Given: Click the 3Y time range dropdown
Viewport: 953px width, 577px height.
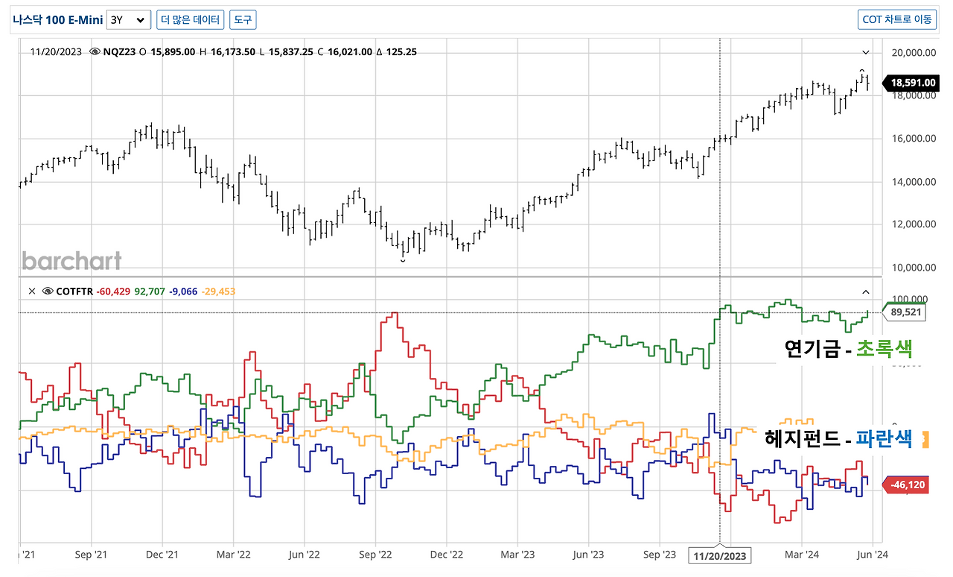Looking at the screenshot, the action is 129,19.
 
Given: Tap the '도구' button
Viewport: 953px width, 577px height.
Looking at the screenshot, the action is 243,19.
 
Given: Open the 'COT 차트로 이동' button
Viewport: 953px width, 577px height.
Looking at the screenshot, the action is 897,19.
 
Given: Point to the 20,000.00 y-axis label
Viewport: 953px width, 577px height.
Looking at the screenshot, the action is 914,52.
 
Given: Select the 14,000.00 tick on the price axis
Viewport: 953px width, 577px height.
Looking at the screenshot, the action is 914,182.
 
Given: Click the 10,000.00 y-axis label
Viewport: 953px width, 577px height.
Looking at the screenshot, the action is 914,268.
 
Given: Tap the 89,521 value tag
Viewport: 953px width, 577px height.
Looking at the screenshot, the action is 905,312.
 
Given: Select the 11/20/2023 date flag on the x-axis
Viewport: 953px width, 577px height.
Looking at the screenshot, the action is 720,555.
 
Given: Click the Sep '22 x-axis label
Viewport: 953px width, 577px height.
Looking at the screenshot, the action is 375,555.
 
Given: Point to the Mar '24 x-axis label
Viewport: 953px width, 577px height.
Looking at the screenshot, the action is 802,555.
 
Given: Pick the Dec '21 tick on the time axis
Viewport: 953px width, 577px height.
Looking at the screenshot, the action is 162,555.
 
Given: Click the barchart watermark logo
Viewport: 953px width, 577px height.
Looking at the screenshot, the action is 71,260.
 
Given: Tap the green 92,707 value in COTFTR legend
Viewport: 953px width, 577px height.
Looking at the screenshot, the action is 150,291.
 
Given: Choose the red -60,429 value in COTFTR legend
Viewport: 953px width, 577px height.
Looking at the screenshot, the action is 113,291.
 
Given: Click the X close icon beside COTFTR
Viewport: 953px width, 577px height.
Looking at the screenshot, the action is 32,291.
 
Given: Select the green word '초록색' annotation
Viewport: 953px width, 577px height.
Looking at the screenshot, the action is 884,349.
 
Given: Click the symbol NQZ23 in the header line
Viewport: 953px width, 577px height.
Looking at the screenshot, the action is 119,52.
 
